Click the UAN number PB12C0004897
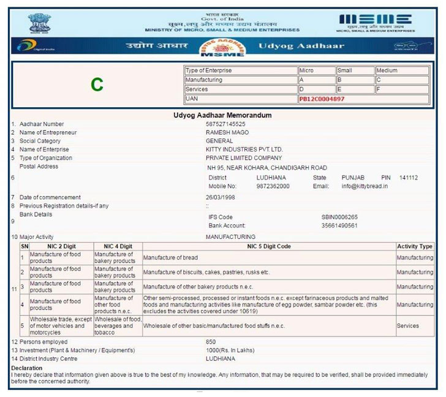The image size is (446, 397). click(x=322, y=99)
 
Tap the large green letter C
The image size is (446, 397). click(x=96, y=85)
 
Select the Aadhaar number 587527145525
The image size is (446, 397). click(x=225, y=124)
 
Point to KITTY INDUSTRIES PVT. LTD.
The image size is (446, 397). click(x=244, y=149)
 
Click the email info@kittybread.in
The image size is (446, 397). click(x=366, y=186)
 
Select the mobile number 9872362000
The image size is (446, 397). click(x=273, y=186)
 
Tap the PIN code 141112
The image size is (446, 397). click(x=408, y=178)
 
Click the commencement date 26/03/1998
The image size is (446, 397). click(x=220, y=197)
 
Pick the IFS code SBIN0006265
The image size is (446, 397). click(x=339, y=217)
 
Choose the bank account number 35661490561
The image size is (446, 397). click(x=339, y=225)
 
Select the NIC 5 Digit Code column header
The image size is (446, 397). click(x=269, y=246)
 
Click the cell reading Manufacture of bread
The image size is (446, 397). click(x=170, y=257)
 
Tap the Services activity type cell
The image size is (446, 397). click(x=407, y=326)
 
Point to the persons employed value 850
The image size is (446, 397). click(x=211, y=341)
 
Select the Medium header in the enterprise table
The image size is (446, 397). click(x=387, y=70)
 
